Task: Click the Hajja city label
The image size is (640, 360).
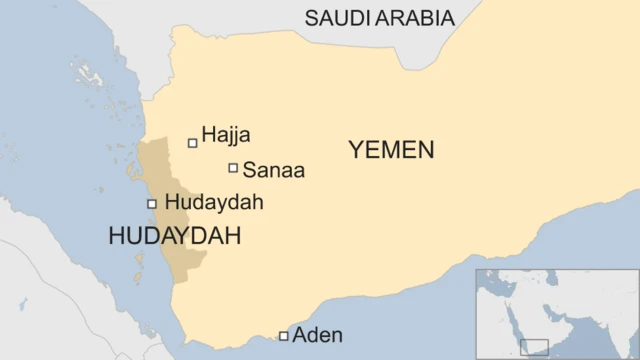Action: tap(226, 135)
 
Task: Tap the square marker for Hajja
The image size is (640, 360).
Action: tap(193, 143)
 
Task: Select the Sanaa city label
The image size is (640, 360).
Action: tap(273, 171)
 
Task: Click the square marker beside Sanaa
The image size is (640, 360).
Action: tap(233, 168)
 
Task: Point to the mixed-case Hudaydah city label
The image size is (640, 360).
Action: tap(214, 203)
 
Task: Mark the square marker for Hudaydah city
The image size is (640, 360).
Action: tap(152, 204)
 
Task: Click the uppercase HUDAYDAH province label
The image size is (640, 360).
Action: tap(175, 236)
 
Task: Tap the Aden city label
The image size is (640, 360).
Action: tap(317, 336)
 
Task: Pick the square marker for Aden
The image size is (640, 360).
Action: tap(284, 336)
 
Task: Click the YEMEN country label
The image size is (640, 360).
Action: tap(391, 150)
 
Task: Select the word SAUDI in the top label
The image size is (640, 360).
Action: tap(338, 18)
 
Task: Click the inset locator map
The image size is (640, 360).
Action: tap(556, 313)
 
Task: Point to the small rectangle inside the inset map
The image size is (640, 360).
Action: tap(534, 347)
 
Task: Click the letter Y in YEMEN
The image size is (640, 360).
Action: tap(356, 150)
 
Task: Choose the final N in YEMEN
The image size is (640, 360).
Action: tap(426, 150)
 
